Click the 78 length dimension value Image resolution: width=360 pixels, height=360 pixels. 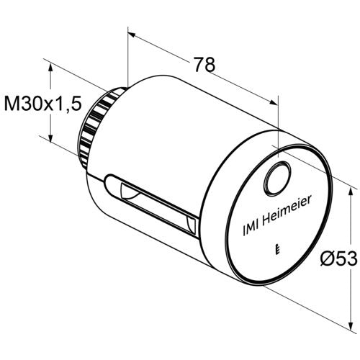pos(204,64)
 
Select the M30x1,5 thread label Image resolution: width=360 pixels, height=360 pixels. pos(43,104)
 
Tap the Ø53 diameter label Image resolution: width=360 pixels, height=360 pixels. pos(339,258)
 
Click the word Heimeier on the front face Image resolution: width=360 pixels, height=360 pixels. pos(287,211)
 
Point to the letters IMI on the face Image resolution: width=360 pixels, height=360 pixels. pos(251,228)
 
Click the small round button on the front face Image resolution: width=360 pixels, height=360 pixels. pos(278,179)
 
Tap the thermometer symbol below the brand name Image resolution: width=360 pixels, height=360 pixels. pos(278,249)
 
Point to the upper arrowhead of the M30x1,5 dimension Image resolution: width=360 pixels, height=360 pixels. pos(50,68)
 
